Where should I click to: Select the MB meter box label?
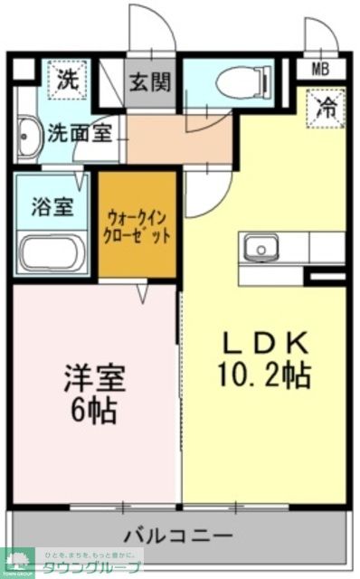[x=320, y=70]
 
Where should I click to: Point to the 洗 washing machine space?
[x=69, y=78]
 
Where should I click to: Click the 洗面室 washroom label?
[x=80, y=133]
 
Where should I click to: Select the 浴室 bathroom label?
[x=51, y=206]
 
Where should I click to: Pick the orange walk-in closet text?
[x=137, y=224]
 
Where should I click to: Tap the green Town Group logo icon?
[x=16, y=561]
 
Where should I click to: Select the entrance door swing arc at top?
[x=150, y=27]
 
